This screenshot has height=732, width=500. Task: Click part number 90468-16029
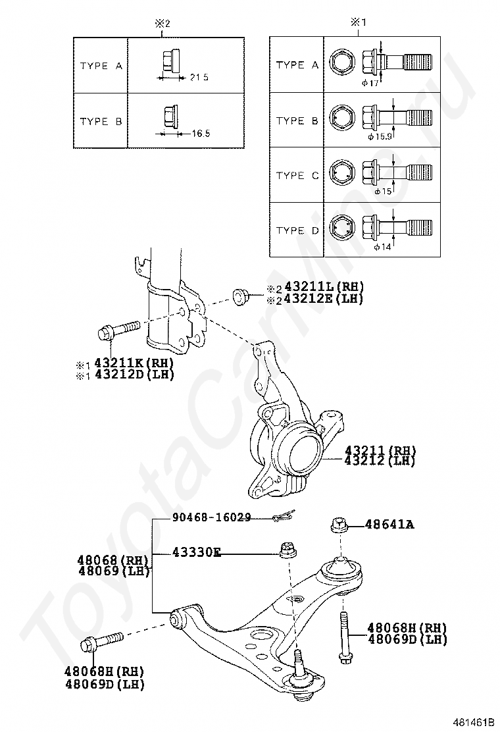click(x=212, y=517)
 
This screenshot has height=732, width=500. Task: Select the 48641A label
click(x=389, y=525)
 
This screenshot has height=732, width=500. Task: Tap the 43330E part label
click(x=196, y=553)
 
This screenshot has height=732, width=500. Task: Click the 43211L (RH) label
click(x=324, y=286)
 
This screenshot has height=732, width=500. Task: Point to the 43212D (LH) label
click(x=134, y=375)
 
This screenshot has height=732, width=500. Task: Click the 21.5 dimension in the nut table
click(x=199, y=78)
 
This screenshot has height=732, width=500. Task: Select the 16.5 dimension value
click(x=201, y=134)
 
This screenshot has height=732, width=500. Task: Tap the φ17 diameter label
click(x=370, y=83)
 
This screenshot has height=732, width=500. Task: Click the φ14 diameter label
click(x=382, y=247)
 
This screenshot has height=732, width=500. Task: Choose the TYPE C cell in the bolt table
click(x=297, y=176)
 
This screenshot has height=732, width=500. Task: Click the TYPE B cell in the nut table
click(x=101, y=121)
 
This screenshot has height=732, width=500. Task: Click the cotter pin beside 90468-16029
click(x=284, y=516)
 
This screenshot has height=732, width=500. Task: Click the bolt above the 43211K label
click(x=118, y=329)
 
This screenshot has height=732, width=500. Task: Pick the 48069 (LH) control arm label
click(x=113, y=571)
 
